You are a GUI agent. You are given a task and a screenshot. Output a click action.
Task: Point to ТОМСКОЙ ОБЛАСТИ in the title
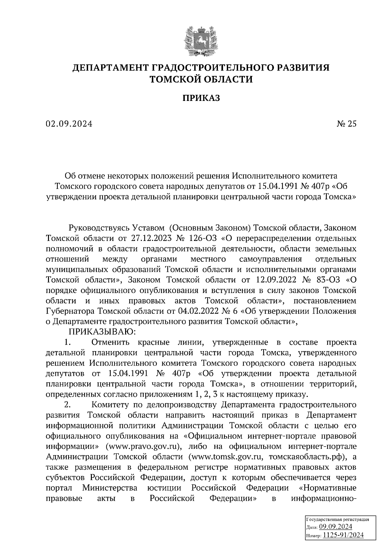[x=201, y=79]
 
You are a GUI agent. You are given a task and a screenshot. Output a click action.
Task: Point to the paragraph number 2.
[x=67, y=405]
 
